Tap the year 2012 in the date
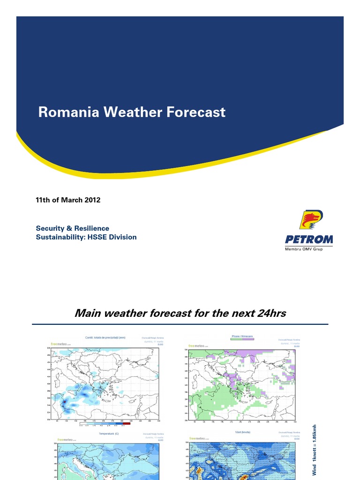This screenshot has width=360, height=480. coord(93,200)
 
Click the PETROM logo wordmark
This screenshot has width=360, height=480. coord(308,240)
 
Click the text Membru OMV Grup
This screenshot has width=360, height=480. coord(304,248)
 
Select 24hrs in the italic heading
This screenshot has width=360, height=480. coord(267,313)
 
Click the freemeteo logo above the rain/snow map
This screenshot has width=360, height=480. coord(199,346)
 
